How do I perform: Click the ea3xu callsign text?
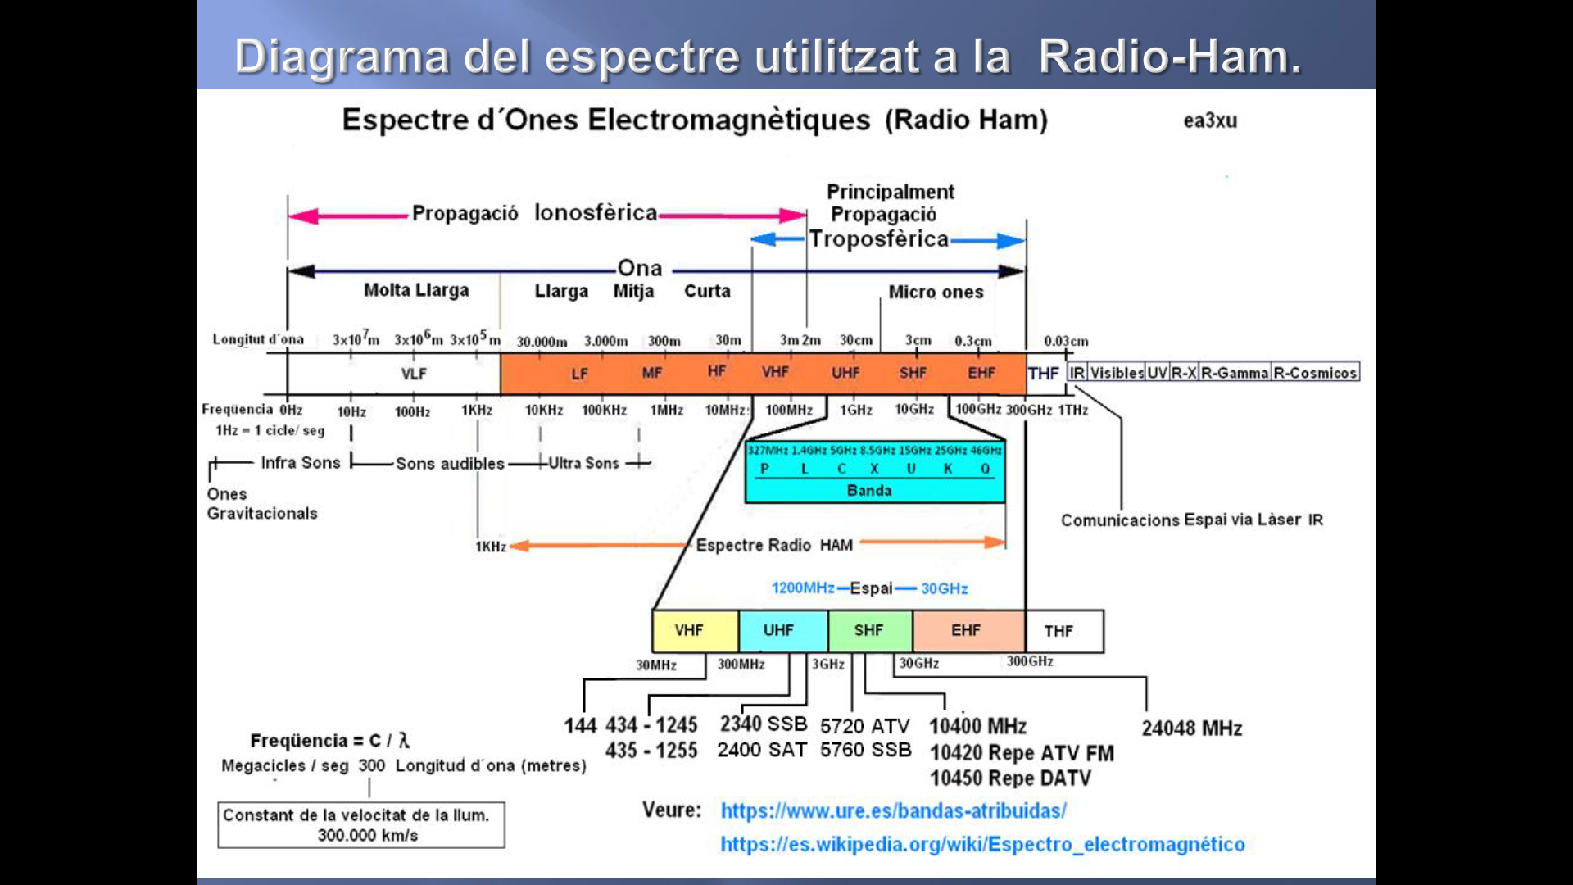coord(1210,120)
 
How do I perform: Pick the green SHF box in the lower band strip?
coord(869,631)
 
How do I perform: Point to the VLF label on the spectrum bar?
coord(414,374)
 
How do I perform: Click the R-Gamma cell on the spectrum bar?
coord(1235,373)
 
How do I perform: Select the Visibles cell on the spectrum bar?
coord(1116,373)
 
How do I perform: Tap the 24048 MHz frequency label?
coord(1191,728)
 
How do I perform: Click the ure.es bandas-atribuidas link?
coord(893,810)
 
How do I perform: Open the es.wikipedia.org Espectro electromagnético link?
coord(982,844)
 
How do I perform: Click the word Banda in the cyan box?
coord(869,490)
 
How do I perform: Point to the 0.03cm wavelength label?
coord(1066,341)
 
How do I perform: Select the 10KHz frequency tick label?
coord(543,410)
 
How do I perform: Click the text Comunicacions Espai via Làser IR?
coord(1191,520)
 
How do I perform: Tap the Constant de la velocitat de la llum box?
coord(361,824)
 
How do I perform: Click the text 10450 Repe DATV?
coord(1010,778)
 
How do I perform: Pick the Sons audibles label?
coord(450,464)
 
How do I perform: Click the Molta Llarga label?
coord(416,290)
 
